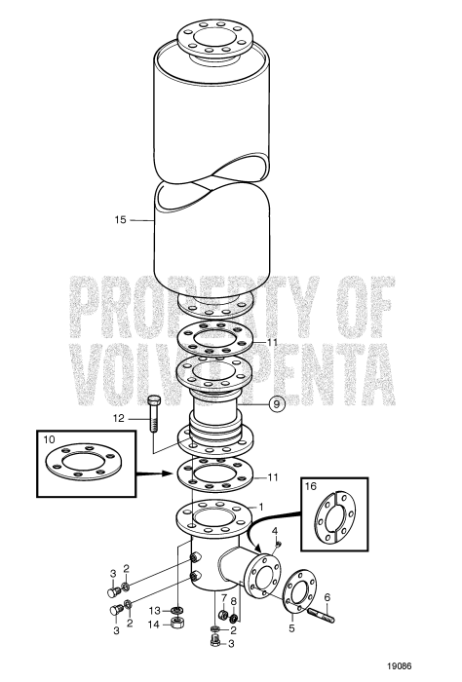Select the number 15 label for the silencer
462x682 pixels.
click(121, 221)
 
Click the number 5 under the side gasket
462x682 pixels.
click(292, 628)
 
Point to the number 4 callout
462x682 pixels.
click(276, 530)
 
